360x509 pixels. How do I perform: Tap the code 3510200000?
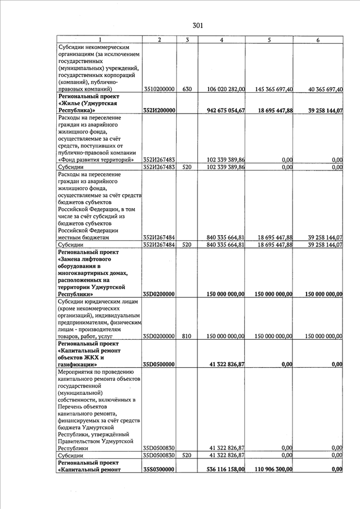coord(159,89)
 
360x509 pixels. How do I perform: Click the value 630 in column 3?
coord(187,89)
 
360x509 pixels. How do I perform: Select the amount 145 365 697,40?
coord(273,89)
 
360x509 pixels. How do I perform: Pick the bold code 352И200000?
coord(159,111)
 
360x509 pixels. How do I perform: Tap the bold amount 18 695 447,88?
coord(273,111)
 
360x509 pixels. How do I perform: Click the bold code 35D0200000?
coord(159,294)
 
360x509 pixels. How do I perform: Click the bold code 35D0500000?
coord(159,364)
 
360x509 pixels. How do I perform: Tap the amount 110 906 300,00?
coord(273,469)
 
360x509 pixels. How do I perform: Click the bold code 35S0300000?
coord(159,469)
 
